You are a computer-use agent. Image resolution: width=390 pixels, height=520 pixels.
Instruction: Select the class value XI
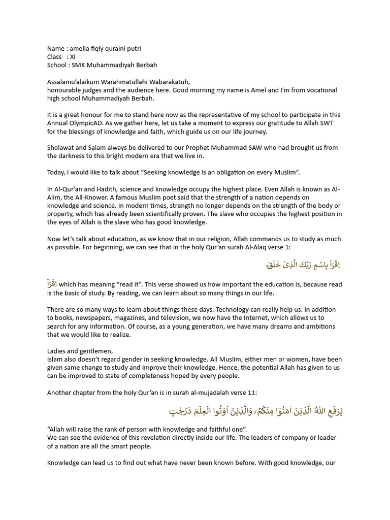pyautogui.click(x=72, y=57)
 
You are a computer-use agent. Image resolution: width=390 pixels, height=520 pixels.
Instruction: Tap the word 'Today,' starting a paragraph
pyautogui.click(x=56, y=173)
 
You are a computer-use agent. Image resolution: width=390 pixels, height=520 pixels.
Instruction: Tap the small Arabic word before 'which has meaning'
pyautogui.click(x=53, y=284)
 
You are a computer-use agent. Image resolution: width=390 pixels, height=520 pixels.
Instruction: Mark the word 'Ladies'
pyautogui.click(x=57, y=351)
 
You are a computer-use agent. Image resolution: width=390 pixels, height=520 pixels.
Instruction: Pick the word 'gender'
pyautogui.click(x=145, y=359)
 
